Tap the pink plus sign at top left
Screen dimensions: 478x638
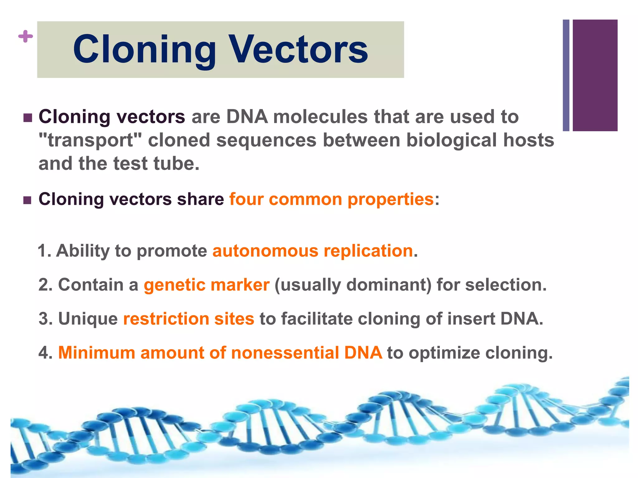click(26, 36)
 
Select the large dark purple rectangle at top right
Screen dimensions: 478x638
click(595, 75)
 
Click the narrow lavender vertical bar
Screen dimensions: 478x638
click(566, 75)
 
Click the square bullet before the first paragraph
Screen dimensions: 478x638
click(28, 118)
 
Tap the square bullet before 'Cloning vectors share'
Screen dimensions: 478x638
click(28, 200)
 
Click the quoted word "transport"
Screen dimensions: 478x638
click(90, 140)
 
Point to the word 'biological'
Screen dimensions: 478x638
click(452, 140)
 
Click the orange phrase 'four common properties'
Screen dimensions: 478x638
click(331, 199)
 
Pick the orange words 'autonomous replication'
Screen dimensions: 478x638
click(313, 251)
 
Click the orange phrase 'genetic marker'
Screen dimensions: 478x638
click(207, 285)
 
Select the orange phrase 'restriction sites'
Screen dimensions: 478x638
click(189, 319)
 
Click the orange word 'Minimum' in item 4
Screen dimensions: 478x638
click(97, 353)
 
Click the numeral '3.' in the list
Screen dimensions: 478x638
click(45, 319)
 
